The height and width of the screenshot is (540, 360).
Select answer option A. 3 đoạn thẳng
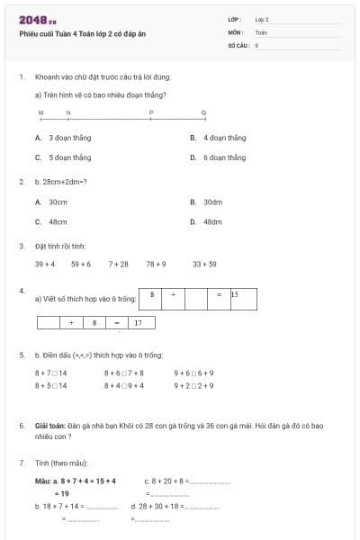pyautogui.click(x=58, y=138)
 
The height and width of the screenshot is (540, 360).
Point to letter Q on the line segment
pyautogui.click(x=203, y=112)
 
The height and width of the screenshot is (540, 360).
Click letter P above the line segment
pyautogui.click(x=151, y=112)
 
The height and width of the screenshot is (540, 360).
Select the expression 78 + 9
pyautogui.click(x=156, y=265)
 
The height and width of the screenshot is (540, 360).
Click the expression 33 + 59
pyautogui.click(x=204, y=265)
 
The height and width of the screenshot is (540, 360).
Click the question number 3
pyautogui.click(x=21, y=245)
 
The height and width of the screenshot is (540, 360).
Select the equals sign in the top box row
pyautogui.click(x=219, y=294)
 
